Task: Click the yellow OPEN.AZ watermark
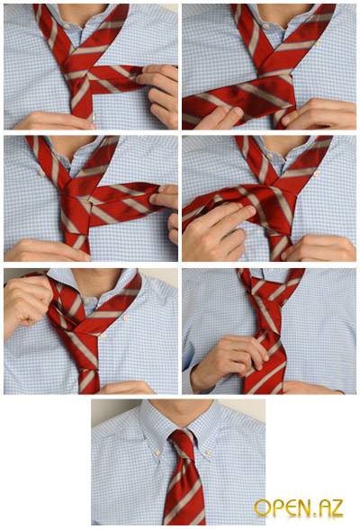coord(299,508)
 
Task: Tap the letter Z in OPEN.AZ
coord(336,507)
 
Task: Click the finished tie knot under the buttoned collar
coord(182,444)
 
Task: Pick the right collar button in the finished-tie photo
coord(208,453)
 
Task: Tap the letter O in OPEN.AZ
coord(262,508)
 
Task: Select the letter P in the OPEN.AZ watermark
coord(276,508)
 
